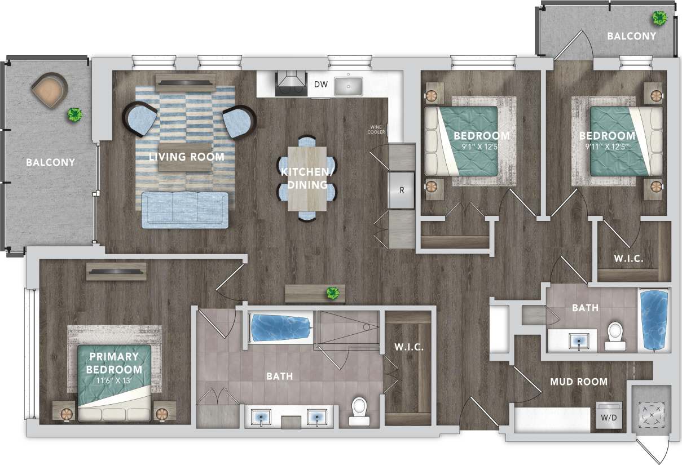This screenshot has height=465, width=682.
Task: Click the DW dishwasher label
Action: point(320,85)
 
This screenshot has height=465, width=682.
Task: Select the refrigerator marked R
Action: point(402,190)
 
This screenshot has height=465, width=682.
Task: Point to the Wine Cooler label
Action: point(377,129)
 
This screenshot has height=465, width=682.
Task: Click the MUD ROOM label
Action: point(579,382)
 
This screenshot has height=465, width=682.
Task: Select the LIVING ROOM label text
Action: point(186,157)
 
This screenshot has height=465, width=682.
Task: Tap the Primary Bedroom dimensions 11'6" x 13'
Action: point(114,380)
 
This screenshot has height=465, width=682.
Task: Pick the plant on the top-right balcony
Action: point(659,19)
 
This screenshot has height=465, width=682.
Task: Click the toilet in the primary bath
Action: point(359,411)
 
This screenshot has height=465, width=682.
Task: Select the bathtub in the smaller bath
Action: point(654,320)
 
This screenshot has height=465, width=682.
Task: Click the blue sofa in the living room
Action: point(185,209)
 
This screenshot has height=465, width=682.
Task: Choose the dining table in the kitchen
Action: point(307,178)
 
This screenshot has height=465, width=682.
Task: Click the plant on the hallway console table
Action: point(333,293)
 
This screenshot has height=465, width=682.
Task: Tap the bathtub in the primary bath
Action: point(280,327)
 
